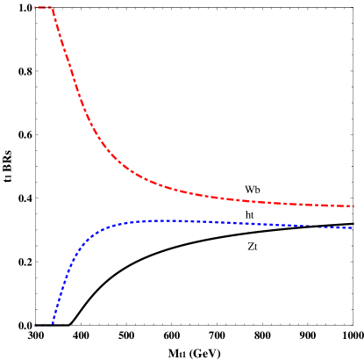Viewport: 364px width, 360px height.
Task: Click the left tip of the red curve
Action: (35, 7)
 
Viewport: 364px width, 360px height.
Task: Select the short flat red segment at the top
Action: (43, 7)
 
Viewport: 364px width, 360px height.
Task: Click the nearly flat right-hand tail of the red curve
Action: (281, 202)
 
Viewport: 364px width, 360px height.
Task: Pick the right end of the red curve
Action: (353, 206)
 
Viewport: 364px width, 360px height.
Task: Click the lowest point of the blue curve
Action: (52, 324)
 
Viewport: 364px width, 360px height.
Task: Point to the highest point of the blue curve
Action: (167, 220)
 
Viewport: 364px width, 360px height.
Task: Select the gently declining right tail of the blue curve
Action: (281, 225)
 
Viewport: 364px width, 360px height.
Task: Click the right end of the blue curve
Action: (353, 228)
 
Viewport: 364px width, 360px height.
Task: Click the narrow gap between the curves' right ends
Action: (353, 217)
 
